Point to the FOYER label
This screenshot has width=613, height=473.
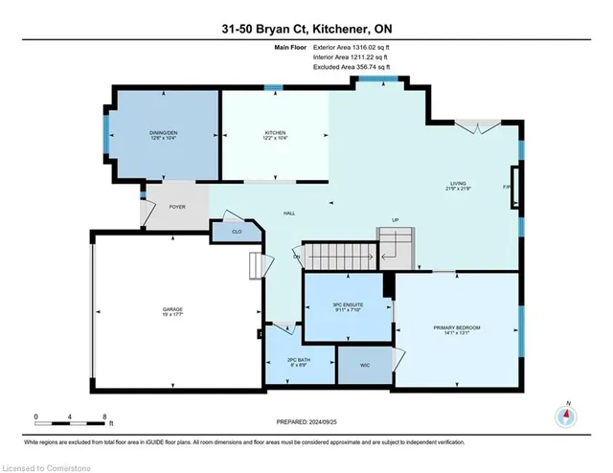[x=176, y=205]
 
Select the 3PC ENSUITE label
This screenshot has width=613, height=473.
[x=348, y=304]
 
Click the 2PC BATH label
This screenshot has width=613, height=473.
[x=300, y=360]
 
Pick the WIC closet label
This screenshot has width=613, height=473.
[x=364, y=365]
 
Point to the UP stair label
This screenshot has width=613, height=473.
[x=394, y=218]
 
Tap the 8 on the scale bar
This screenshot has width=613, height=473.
[x=103, y=417]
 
